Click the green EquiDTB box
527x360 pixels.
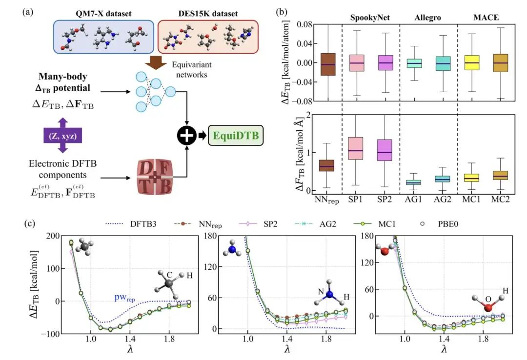tap(236, 135)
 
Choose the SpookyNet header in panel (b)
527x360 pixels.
tap(370, 18)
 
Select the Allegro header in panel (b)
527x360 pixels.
tap(428, 18)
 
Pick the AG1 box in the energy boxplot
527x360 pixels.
tap(415, 63)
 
